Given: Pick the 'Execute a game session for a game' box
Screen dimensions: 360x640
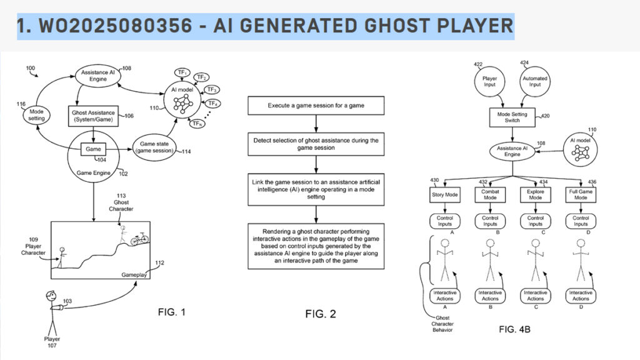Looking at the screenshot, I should [x=316, y=106].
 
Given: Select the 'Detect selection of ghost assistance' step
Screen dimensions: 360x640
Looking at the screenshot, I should [x=316, y=145].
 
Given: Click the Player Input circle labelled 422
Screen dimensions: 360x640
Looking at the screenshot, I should [x=489, y=86].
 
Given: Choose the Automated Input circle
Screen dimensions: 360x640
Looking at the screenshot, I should [x=534, y=86].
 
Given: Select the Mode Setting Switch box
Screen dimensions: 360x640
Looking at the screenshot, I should [x=512, y=117].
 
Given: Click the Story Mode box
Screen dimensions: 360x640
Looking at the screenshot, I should [x=444, y=194].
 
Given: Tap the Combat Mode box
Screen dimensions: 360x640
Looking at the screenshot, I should [x=489, y=194].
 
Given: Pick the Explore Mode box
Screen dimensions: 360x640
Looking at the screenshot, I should [x=535, y=194].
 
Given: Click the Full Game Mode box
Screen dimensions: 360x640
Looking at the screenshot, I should [x=580, y=194].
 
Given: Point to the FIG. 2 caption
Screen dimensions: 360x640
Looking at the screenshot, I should [x=320, y=314].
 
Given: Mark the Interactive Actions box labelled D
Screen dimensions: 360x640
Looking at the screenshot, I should [x=580, y=296].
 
